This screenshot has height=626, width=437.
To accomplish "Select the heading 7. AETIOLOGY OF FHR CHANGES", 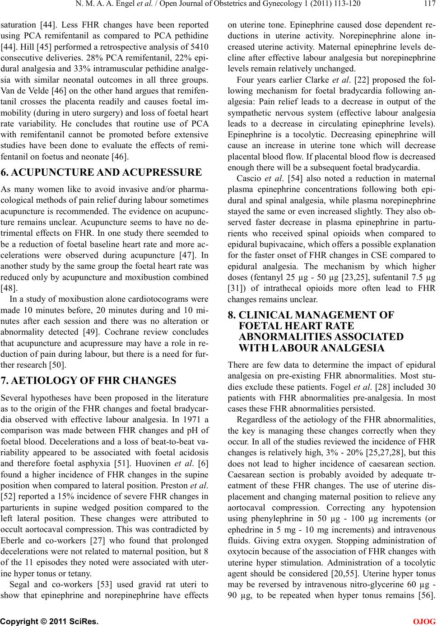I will tap(89, 380).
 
